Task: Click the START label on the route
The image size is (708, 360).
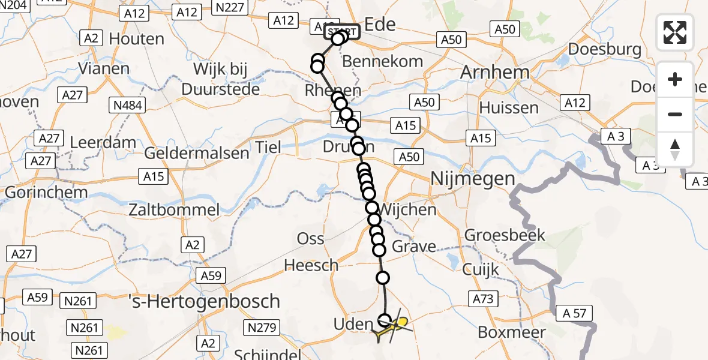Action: pyautogui.click(x=342, y=31)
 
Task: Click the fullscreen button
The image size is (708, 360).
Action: pyautogui.click(x=675, y=32)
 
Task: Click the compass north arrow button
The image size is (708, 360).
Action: pyautogui.click(x=675, y=149)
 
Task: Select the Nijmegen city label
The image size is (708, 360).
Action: pyautogui.click(x=473, y=179)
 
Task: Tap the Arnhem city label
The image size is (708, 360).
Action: pyautogui.click(x=495, y=73)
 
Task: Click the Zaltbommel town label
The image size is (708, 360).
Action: pyautogui.click(x=175, y=210)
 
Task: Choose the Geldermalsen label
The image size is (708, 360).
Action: pyautogui.click(x=196, y=153)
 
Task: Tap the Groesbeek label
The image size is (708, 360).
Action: pyautogui.click(x=505, y=235)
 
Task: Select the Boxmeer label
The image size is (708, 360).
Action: pyautogui.click(x=512, y=332)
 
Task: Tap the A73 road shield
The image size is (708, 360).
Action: pyautogui.click(x=483, y=298)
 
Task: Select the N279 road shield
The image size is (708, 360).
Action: pyautogui.click(x=260, y=328)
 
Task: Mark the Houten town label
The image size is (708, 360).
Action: pyautogui.click(x=138, y=40)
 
